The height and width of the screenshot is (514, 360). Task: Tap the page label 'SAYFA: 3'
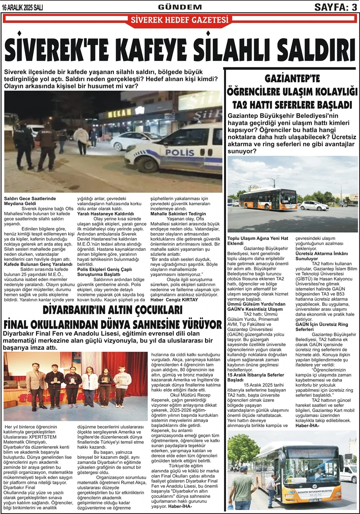[336, 7]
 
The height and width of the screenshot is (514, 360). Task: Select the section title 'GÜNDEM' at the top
[180, 7]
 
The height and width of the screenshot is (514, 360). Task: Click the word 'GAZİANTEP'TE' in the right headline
[292, 78]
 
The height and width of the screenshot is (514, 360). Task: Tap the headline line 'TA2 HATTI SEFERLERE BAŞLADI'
[292, 105]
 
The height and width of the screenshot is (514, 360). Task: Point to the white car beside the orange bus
[314, 206]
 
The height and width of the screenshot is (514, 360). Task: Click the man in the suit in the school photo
[37, 386]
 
